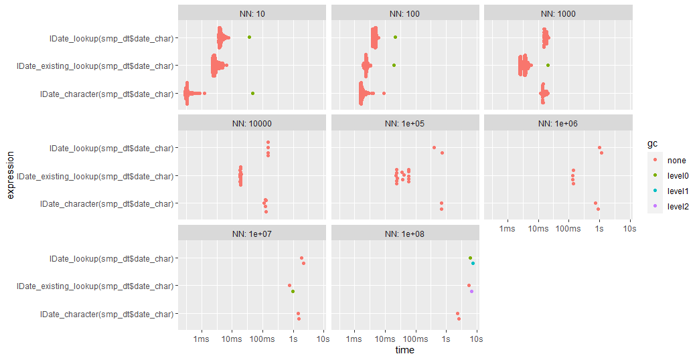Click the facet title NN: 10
[x=252, y=13]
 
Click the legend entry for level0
[x=678, y=176]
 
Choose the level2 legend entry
[x=678, y=207]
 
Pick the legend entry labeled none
[x=676, y=161]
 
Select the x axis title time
[x=404, y=350]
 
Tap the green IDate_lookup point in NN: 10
[x=249, y=37]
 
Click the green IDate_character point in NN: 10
[x=252, y=94]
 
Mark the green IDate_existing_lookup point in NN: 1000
[x=548, y=65]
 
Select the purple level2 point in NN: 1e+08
[x=471, y=291]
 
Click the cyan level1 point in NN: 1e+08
[x=473, y=263]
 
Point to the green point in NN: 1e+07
[x=293, y=291]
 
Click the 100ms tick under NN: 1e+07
[x=262, y=340]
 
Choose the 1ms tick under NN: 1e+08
[x=355, y=340]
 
